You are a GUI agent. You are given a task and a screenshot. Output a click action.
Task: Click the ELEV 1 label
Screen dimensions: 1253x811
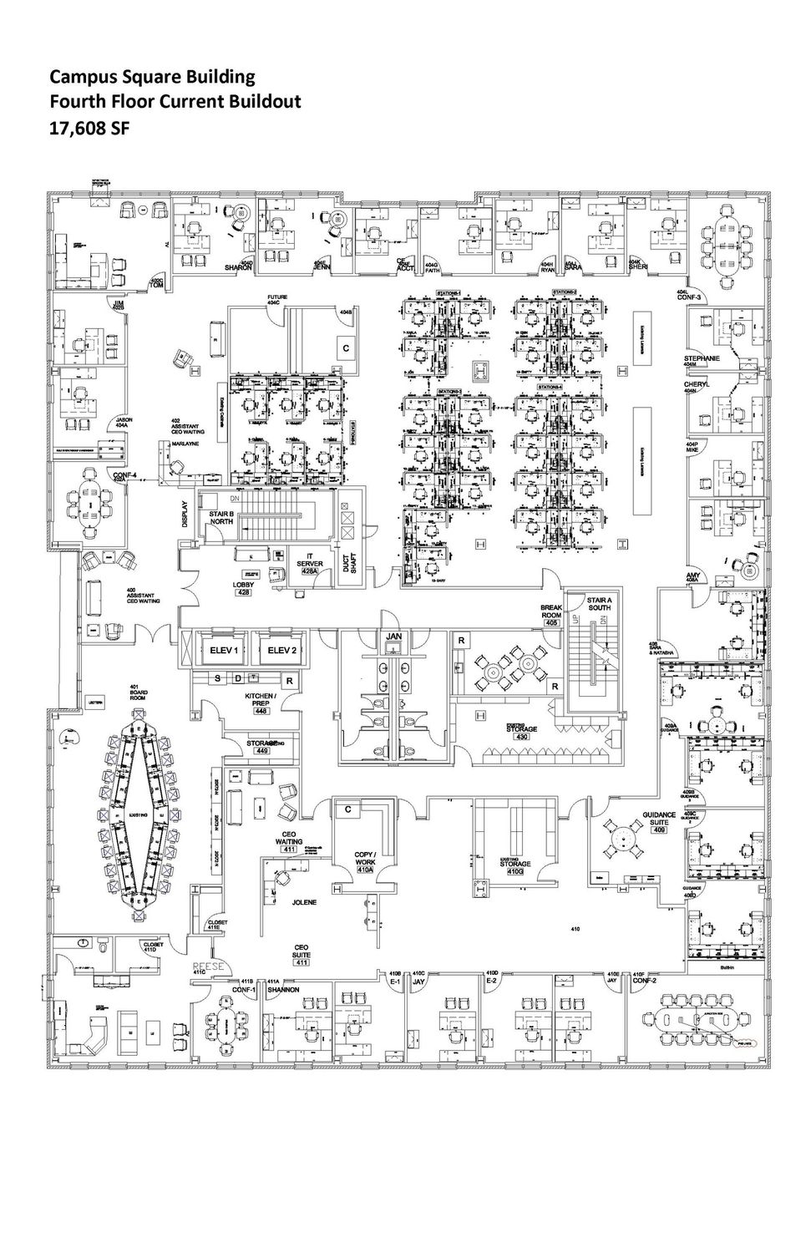coord(224,650)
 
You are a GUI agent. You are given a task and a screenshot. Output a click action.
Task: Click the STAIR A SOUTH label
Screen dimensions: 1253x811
coord(599,603)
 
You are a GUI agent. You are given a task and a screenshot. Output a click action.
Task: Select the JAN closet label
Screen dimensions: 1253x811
coord(394,637)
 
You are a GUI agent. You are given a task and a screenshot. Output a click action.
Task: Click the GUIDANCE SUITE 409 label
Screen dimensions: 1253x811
coord(659,822)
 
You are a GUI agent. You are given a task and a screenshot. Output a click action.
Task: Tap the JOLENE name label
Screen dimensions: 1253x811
coord(304,903)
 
